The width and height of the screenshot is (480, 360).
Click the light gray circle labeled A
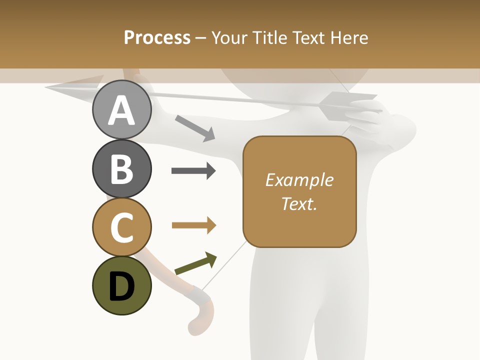click(122, 110)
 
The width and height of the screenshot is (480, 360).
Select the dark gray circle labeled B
click(122, 169)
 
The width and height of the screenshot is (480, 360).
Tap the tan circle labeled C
click(122, 227)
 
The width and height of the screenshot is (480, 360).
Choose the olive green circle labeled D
click(122, 286)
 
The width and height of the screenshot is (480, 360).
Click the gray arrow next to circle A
click(195, 128)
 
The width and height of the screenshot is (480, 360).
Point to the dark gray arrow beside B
click(193, 171)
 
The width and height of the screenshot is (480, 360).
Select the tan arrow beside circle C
click(193, 225)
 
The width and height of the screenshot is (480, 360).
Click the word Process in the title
click(157, 37)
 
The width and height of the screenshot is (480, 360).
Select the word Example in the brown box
click(299, 180)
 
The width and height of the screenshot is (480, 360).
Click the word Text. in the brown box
click(299, 203)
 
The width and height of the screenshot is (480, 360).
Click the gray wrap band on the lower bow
click(200, 297)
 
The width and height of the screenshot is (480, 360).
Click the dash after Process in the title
click(201, 38)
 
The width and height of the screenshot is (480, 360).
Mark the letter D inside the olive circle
click(122, 287)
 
